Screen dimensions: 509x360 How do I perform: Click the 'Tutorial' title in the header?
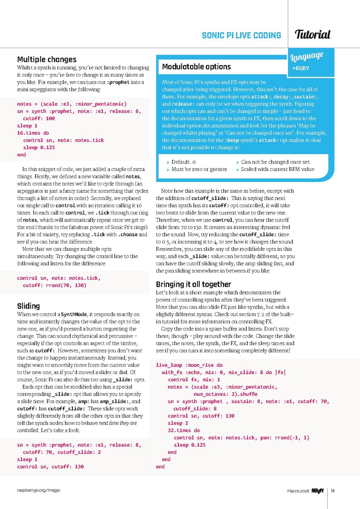click(312, 34)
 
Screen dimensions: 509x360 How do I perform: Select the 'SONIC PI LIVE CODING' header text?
click(241, 35)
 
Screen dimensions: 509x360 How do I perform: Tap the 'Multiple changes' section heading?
click(47, 59)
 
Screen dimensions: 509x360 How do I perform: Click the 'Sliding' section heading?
click(28, 306)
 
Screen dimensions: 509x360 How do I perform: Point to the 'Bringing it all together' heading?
click(193, 284)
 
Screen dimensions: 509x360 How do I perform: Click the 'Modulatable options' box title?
click(196, 67)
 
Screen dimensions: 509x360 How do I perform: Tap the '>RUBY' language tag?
click(301, 68)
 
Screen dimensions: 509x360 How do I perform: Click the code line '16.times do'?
click(33, 133)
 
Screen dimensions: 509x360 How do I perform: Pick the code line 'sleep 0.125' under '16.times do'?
click(39, 148)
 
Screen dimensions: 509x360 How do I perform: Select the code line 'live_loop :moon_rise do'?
click(189, 365)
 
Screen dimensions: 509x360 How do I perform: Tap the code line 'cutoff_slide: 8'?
click(195, 409)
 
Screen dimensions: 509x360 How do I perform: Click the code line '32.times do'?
click(184, 430)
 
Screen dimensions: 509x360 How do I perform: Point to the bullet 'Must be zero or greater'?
click(199, 169)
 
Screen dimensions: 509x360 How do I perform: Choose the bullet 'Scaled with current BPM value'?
click(277, 169)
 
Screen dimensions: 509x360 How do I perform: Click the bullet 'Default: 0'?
click(183, 162)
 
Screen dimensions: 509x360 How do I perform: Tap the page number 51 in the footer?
click(333, 491)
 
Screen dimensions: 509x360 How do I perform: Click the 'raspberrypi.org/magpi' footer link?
click(39, 490)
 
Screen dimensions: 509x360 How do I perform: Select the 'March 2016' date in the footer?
click(298, 491)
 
